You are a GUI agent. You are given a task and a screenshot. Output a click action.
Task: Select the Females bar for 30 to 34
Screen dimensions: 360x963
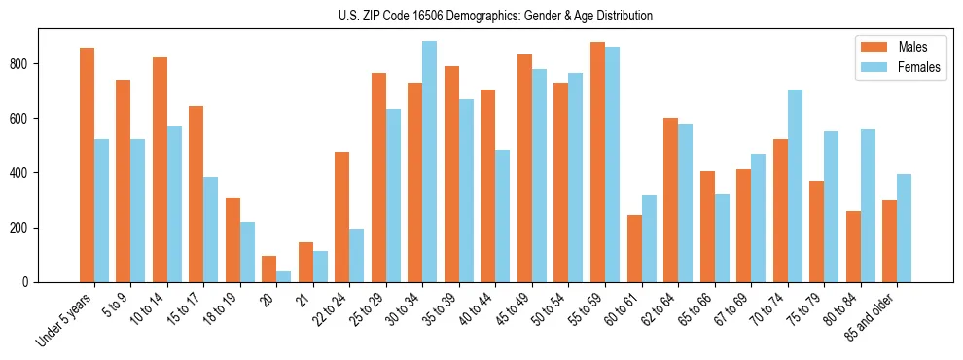(429, 162)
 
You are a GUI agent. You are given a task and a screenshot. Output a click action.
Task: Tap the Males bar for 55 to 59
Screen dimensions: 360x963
(597, 162)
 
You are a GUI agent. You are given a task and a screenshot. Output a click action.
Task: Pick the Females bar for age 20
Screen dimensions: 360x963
(283, 276)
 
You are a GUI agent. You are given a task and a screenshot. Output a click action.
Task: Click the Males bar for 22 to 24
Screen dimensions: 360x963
(342, 217)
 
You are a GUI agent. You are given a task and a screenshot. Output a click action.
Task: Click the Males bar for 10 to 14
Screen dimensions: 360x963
(160, 169)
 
